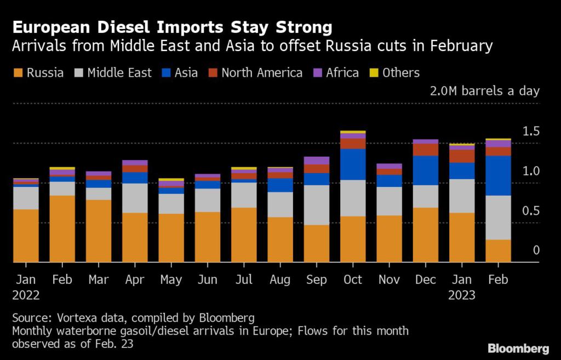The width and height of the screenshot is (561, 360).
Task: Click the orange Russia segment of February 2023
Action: (x=499, y=251)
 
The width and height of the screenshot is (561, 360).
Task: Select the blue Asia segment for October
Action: (x=353, y=164)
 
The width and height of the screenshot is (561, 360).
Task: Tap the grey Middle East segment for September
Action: (x=317, y=205)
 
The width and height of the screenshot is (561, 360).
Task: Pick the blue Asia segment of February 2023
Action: (x=499, y=175)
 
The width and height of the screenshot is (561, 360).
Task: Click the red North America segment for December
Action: (x=425, y=150)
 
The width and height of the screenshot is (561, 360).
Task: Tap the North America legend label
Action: (x=262, y=73)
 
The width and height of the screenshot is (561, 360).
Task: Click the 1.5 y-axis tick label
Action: (x=531, y=132)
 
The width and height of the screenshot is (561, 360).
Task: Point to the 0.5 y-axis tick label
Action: (x=531, y=212)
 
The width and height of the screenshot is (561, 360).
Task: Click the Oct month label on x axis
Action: (x=353, y=279)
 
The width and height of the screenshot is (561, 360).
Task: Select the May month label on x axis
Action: (x=171, y=279)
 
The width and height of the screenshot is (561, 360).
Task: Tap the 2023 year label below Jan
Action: (x=462, y=295)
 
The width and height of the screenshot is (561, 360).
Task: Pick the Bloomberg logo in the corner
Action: (x=518, y=348)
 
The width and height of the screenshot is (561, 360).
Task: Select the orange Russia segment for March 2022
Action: (x=99, y=231)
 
